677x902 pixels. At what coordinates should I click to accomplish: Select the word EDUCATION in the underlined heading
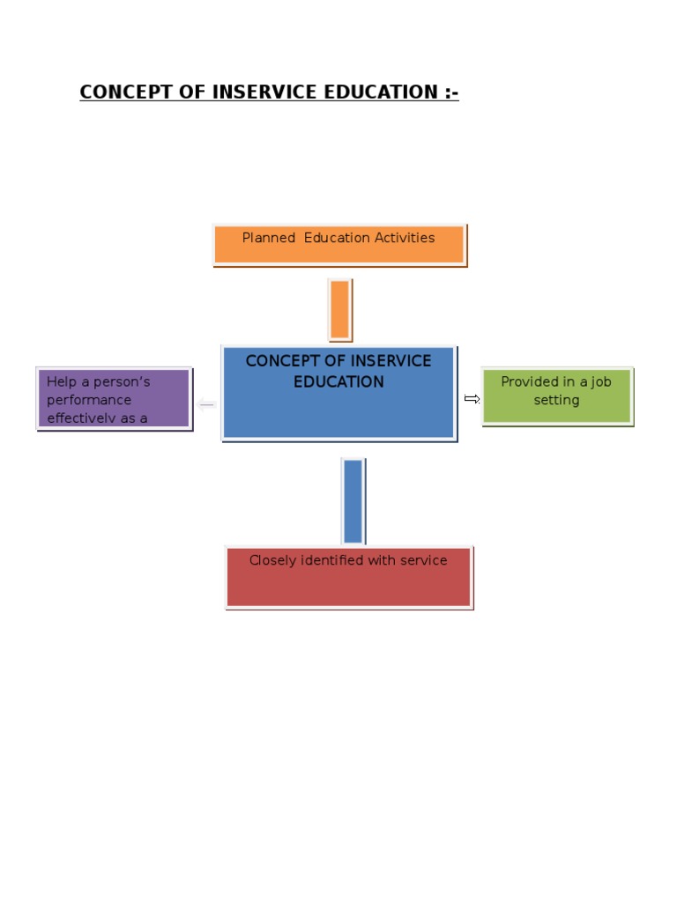pyautogui.click(x=382, y=92)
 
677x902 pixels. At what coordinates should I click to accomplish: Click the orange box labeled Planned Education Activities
pyautogui.click(x=338, y=244)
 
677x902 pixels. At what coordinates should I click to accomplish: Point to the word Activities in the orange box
pyautogui.click(x=403, y=238)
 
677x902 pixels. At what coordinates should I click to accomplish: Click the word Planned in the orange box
pyautogui.click(x=269, y=238)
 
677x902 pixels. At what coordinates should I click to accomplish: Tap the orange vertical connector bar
pyautogui.click(x=339, y=309)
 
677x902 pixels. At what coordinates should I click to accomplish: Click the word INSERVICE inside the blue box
pyautogui.click(x=391, y=361)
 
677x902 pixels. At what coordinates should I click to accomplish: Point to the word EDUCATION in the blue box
pyautogui.click(x=338, y=382)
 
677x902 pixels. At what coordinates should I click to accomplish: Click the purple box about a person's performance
pyautogui.click(x=114, y=399)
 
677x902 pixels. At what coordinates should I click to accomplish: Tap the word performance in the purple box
pyautogui.click(x=89, y=400)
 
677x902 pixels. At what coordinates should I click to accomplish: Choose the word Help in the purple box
pyautogui.click(x=62, y=382)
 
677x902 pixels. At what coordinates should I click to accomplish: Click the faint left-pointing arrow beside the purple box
pyautogui.click(x=206, y=405)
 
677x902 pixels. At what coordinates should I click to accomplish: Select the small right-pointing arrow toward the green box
pyautogui.click(x=472, y=399)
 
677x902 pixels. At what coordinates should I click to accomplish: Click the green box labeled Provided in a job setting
pyautogui.click(x=556, y=396)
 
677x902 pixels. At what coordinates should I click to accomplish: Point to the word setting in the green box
pyautogui.click(x=556, y=400)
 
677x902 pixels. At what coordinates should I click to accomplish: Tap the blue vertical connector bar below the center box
pyautogui.click(x=353, y=500)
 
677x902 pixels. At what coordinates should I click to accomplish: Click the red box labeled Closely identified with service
pyautogui.click(x=348, y=578)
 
